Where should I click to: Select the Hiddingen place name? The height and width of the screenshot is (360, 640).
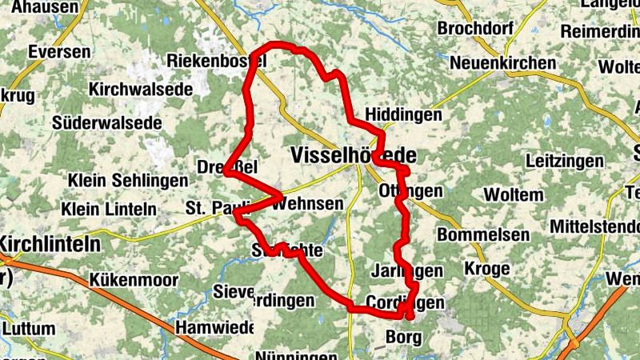click(403, 115)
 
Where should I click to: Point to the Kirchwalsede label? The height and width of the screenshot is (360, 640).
click(141, 90)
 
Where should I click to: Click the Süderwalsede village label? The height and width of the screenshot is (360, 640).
click(106, 123)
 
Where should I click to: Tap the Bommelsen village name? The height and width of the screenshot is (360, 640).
click(483, 235)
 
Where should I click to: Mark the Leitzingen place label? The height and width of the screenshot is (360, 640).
click(565, 161)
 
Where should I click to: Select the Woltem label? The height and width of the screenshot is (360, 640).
click(514, 194)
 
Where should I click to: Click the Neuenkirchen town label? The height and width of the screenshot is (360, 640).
click(502, 63)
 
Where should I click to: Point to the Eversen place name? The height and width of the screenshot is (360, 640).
click(58, 51)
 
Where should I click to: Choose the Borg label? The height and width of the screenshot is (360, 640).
click(402, 336)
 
